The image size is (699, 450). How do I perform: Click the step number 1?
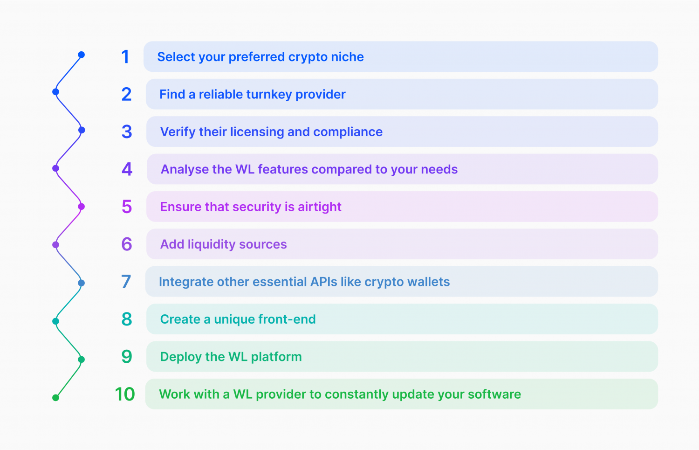click(x=125, y=57)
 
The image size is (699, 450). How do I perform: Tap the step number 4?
click(x=127, y=169)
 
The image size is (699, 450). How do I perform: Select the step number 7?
click(x=126, y=282)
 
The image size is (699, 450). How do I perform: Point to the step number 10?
click(x=125, y=394)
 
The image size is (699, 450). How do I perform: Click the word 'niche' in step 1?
click(x=347, y=57)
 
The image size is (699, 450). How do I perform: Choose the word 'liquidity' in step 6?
click(x=212, y=244)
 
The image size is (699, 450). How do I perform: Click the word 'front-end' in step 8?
click(x=287, y=319)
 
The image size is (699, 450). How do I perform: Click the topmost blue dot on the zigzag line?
click(x=82, y=55)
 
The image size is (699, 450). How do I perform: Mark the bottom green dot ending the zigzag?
click(x=55, y=398)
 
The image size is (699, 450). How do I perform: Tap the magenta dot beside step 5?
click(x=82, y=207)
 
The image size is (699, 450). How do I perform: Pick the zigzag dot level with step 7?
click(x=82, y=283)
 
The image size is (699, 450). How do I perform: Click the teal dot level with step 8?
click(x=55, y=321)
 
